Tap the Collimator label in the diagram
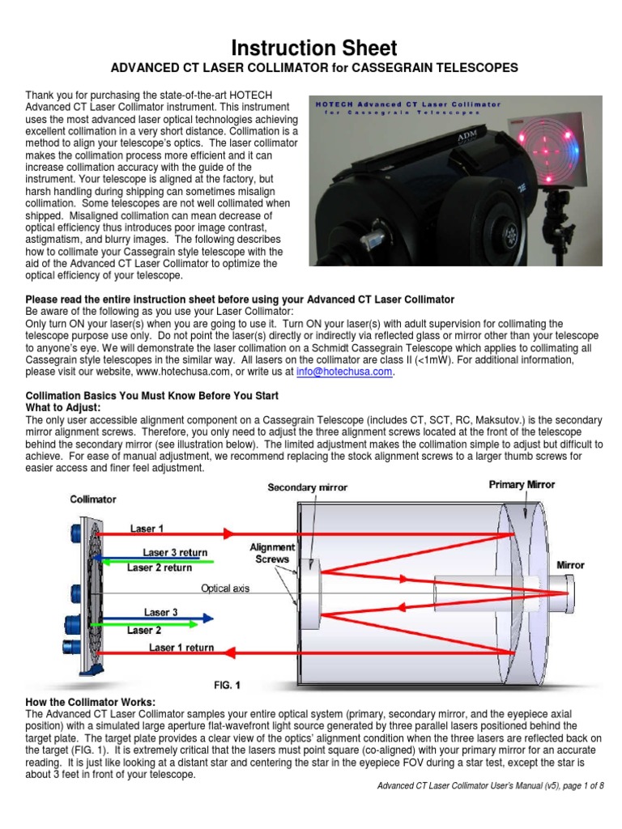[x=93, y=500]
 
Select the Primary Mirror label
[x=522, y=485]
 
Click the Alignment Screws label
[x=271, y=553]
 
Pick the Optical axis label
[x=225, y=589]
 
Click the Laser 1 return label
[x=181, y=648]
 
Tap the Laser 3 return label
[x=175, y=553]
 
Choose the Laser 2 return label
[x=160, y=568]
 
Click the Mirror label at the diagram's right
[x=570, y=565]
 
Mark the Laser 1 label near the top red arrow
[x=147, y=528]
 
